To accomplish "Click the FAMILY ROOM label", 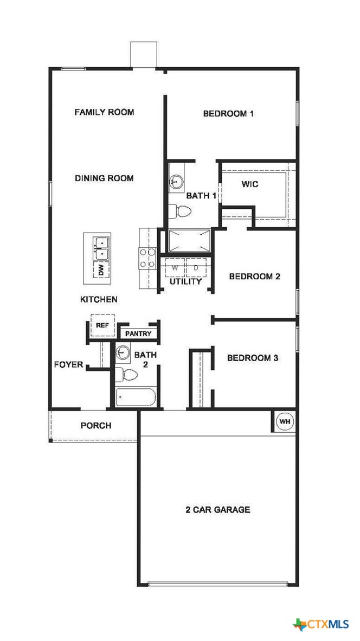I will pyautogui.click(x=104, y=112).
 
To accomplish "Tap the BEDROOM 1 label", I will pyautogui.click(x=228, y=114).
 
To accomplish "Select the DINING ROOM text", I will pyautogui.click(x=104, y=178).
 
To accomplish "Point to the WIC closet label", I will pyautogui.click(x=250, y=184).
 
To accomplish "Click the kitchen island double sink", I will pyautogui.click(x=100, y=248).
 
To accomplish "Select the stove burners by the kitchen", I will pyautogui.click(x=146, y=258).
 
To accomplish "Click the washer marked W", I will pyautogui.click(x=175, y=268).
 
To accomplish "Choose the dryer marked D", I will pyautogui.click(x=196, y=268).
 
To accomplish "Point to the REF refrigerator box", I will pyautogui.click(x=102, y=325).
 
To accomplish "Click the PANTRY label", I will pyautogui.click(x=138, y=334).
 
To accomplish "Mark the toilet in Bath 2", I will pyautogui.click(x=128, y=374).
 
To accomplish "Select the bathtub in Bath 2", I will pyautogui.click(x=136, y=397).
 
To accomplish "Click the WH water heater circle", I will pyautogui.click(x=285, y=421).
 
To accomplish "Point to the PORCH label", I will pyautogui.click(x=96, y=426).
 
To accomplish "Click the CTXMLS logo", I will pyautogui.click(x=321, y=625).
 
